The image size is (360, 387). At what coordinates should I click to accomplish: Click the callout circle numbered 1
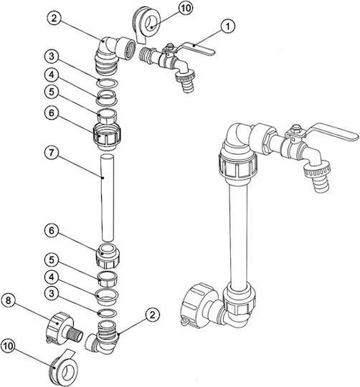tap(228, 27)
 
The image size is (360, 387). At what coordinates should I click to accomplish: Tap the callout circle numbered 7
tap(52, 153)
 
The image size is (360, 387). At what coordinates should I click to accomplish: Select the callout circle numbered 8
tap(8, 300)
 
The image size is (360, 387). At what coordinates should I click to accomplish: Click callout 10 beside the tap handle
tap(186, 8)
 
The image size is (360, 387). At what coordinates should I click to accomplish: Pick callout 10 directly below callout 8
tap(8, 345)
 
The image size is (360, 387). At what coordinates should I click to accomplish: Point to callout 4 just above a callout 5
tap(52, 75)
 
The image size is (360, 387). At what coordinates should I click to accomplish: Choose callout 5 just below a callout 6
tap(52, 259)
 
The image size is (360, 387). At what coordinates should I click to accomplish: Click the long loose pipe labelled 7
tap(108, 198)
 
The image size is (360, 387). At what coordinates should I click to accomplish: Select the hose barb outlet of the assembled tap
tap(321, 184)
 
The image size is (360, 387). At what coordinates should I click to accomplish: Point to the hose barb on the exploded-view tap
tap(188, 87)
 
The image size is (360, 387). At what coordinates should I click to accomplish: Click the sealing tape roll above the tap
tap(146, 24)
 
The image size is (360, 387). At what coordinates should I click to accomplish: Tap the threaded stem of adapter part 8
tap(75, 334)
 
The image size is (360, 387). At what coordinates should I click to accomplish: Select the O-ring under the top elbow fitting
tap(108, 83)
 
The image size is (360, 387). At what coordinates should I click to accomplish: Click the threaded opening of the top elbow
tap(129, 50)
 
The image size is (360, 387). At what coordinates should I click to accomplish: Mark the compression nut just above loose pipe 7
tap(107, 135)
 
